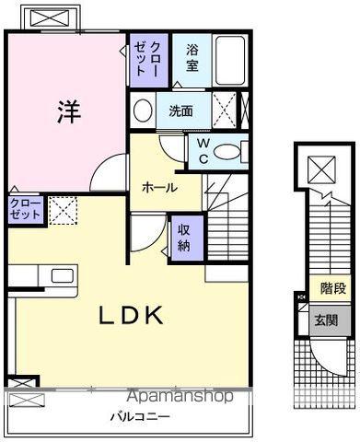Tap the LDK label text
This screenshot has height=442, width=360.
point(133,316)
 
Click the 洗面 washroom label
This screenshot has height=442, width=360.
point(180,110)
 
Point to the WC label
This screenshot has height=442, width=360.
point(203,151)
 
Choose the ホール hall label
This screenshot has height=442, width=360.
point(159,187)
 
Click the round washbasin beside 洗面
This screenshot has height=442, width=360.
point(143,111)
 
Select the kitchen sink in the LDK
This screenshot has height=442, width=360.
point(64,275)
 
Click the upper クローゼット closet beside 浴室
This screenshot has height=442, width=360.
point(147,59)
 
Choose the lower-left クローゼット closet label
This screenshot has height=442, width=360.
point(24,208)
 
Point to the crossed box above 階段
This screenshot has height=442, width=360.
point(321,170)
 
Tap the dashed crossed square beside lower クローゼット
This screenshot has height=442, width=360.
point(62,211)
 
